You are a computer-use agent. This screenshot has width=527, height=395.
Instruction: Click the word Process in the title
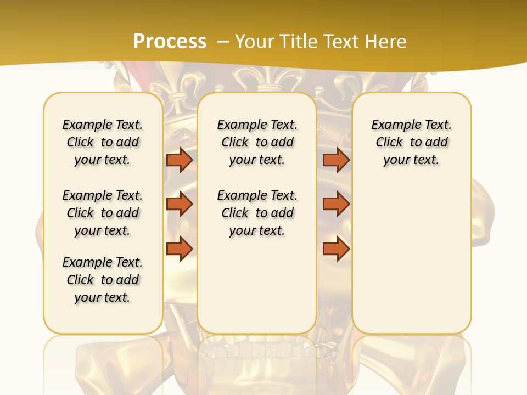[170, 41]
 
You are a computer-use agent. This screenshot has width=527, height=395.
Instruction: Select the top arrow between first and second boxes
[179, 160]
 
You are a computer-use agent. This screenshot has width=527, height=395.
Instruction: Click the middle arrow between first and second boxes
[179, 204]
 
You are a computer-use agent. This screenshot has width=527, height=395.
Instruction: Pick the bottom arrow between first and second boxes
[179, 249]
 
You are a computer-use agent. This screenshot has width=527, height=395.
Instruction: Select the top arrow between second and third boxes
[336, 160]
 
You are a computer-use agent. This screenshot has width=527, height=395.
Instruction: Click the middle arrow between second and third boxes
[336, 204]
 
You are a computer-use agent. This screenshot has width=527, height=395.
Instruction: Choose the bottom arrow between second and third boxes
[336, 249]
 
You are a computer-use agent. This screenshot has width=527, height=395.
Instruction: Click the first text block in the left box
[103, 142]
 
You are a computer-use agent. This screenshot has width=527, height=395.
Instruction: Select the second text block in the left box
[103, 213]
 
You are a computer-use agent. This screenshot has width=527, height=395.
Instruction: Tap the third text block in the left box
[103, 280]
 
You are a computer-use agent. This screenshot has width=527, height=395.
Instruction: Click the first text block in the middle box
[257, 142]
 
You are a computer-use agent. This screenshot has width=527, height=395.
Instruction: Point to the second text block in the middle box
[257, 213]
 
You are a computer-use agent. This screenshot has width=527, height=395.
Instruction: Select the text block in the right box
[412, 142]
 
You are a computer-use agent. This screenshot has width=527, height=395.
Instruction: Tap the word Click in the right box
[389, 143]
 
